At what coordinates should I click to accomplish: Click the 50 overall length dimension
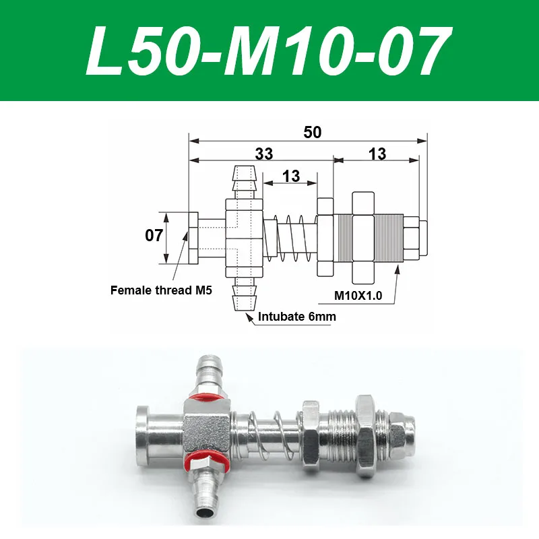[312, 132]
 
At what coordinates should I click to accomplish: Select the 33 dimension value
[264, 154]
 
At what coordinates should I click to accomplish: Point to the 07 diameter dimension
[154, 236]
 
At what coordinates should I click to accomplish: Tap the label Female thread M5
[161, 291]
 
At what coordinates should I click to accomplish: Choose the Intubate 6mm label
[296, 315]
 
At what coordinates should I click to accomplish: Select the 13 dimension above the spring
[291, 176]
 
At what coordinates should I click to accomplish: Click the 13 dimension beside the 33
[377, 154]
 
